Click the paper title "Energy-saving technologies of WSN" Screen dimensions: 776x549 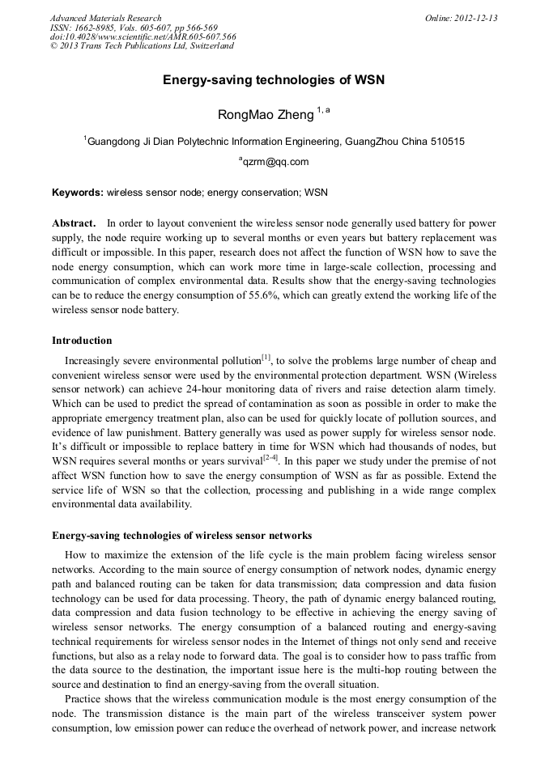[x=274, y=80]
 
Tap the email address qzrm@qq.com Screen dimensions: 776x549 [x=275, y=162]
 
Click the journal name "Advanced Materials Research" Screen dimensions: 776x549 [x=105, y=18]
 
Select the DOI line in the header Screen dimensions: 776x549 [x=143, y=36]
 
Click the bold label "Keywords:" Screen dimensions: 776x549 [x=78, y=193]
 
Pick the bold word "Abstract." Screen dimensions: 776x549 [x=74, y=223]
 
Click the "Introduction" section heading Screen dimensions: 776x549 [x=82, y=341]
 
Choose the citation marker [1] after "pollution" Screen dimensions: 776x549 [x=266, y=358]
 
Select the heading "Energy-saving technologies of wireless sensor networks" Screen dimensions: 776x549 [x=181, y=536]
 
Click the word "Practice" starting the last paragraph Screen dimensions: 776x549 [x=83, y=698]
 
